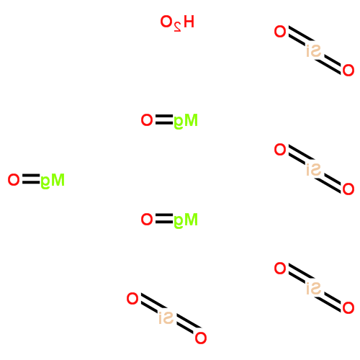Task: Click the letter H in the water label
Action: [x=189, y=22]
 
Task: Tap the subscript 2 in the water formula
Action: [x=177, y=27]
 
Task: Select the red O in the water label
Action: [x=166, y=22]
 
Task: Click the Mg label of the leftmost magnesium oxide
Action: [x=53, y=181]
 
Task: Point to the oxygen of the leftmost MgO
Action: [x=14, y=180]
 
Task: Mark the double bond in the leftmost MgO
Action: [x=31, y=179]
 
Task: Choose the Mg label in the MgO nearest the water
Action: [x=186, y=121]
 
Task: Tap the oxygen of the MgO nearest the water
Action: [x=147, y=120]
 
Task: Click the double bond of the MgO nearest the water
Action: [x=164, y=120]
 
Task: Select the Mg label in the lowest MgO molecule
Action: [x=186, y=220]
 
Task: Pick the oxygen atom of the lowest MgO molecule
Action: [x=147, y=220]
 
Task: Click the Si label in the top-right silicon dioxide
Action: [x=314, y=51]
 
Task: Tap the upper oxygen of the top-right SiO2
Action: [x=280, y=32]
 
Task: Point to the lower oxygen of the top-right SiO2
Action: [x=348, y=71]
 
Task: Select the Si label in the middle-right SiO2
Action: [x=314, y=169]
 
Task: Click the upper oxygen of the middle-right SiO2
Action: [x=280, y=150]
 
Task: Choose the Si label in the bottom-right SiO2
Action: [x=314, y=288]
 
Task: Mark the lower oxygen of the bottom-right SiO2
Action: [x=348, y=308]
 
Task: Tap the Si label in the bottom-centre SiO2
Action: [x=166, y=318]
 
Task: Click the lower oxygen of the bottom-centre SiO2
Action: [x=201, y=338]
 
